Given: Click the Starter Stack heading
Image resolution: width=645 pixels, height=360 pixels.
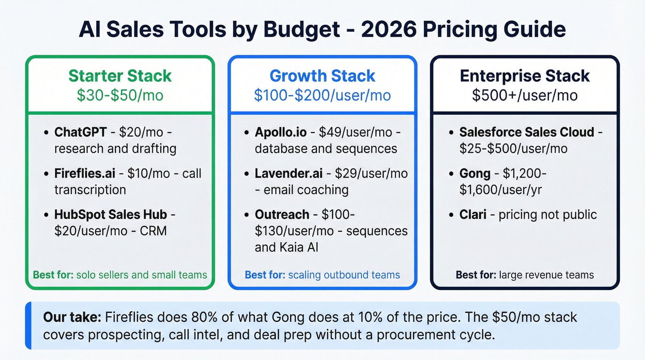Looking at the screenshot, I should (120, 76).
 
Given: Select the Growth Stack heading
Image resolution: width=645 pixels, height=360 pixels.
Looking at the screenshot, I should (322, 76).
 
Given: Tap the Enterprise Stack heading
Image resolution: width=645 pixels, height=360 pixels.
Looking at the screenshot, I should (525, 76).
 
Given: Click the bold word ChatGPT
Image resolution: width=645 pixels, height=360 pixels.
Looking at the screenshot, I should (81, 132).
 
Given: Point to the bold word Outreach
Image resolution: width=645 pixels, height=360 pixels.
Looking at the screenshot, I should (282, 214).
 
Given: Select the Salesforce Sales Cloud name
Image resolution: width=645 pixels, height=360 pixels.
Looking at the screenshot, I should (527, 132).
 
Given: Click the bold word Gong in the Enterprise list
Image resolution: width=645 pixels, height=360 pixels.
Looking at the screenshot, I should (475, 174).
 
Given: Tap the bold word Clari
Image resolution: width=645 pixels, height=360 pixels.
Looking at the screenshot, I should (473, 214).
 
